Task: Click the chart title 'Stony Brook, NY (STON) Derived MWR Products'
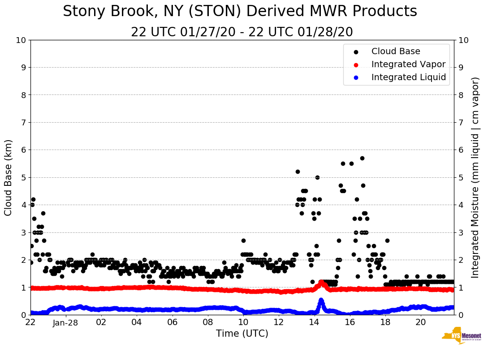point(240,12)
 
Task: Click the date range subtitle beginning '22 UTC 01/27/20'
point(242,32)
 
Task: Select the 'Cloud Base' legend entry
point(396,51)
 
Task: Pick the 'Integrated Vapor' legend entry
point(408,64)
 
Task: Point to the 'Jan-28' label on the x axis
point(66,322)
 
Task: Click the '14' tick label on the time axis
point(314,322)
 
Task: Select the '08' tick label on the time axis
point(207,322)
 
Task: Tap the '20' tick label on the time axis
point(420,322)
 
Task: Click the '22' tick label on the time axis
point(30,322)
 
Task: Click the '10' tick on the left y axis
point(20,40)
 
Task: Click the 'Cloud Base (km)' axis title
point(9,177)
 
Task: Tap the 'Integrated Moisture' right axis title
point(475,177)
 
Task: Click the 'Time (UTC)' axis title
point(242,334)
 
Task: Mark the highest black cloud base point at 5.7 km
point(362,158)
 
